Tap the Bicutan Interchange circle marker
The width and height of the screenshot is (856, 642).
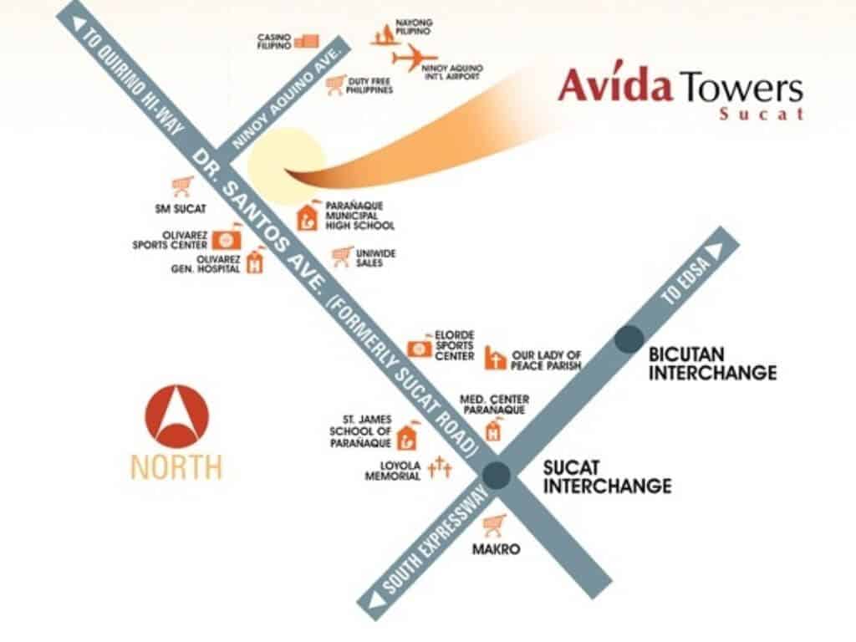tap(629, 339)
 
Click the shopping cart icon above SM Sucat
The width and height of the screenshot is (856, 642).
tap(182, 186)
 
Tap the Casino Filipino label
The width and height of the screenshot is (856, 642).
tap(274, 42)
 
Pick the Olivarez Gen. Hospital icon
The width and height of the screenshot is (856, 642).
tap(256, 265)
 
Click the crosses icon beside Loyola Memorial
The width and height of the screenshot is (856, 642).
tap(440, 469)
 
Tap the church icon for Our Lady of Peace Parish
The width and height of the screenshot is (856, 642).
tap(496, 359)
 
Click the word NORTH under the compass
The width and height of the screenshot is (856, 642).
tap(176, 466)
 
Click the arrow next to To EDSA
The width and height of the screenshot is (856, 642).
tap(716, 250)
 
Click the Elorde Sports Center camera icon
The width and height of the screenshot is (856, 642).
tap(419, 347)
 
